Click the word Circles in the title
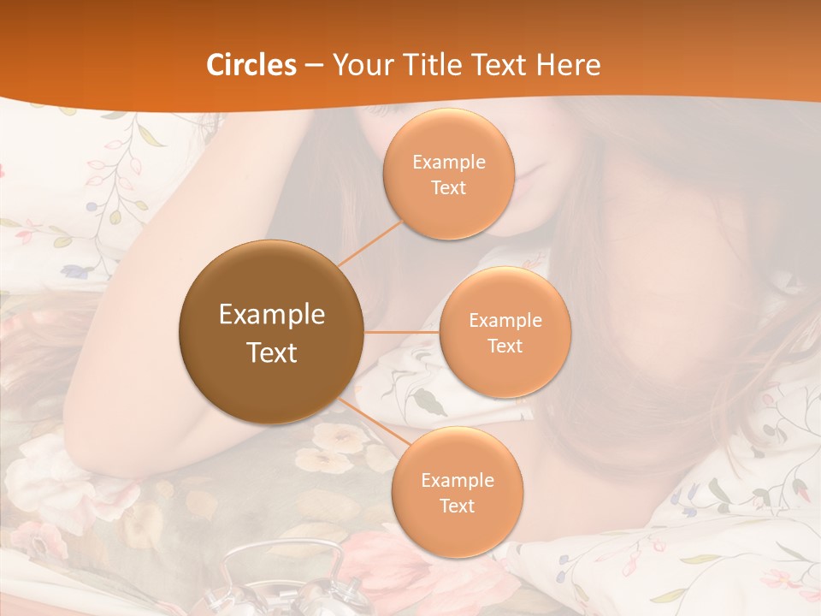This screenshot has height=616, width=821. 251,65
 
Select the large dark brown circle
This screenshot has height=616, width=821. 271,332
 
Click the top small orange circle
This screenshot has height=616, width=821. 448,174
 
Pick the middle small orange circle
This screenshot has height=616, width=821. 505,332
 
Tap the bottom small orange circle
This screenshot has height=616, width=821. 457,492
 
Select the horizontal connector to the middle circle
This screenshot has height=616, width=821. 402,332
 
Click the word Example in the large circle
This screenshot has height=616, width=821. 272,315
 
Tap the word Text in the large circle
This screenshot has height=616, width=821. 272,352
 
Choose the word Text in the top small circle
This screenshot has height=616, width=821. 448,187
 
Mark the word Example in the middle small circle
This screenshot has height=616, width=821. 505,321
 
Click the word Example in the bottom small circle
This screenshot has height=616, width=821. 458,480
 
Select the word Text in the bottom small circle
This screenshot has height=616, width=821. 458,506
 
